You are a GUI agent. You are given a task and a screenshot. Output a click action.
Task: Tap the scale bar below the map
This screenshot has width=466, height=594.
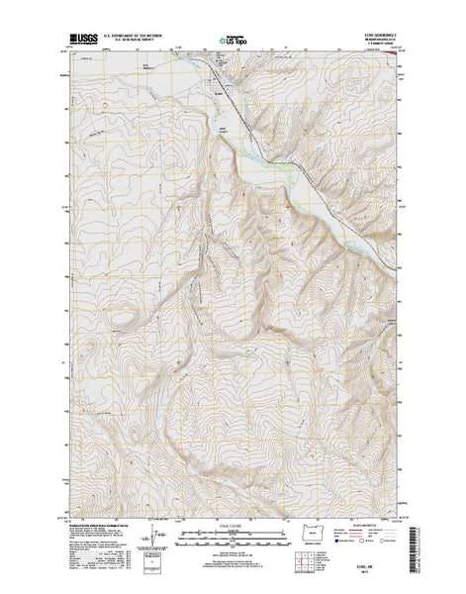coord(233,541)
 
